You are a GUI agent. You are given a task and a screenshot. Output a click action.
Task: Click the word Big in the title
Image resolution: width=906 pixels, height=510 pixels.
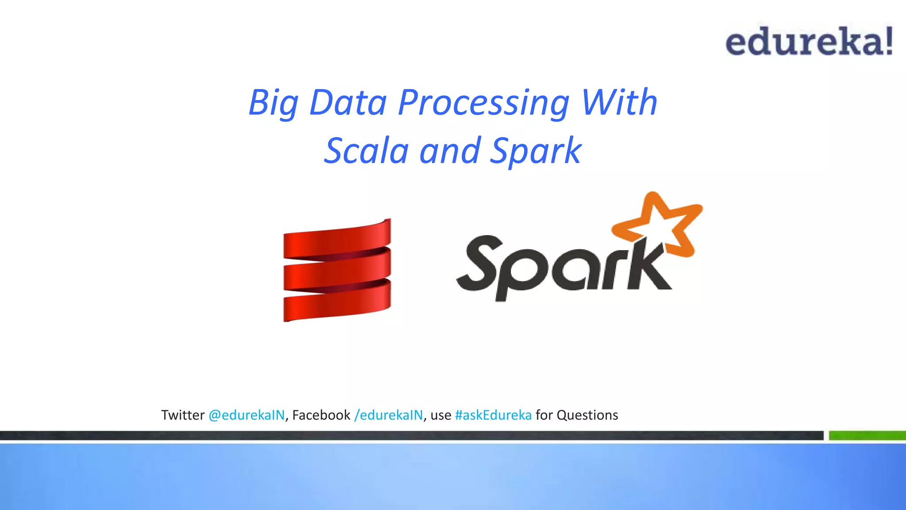tap(273, 103)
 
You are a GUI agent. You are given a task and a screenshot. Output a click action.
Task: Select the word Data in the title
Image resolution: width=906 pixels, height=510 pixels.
tap(348, 103)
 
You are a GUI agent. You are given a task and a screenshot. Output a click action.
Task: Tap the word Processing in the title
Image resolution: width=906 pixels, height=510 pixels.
tap(484, 103)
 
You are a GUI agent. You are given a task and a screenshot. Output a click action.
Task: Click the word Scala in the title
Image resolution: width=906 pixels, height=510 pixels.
tap(366, 151)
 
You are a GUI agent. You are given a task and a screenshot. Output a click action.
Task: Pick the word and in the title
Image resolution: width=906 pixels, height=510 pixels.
tap(450, 151)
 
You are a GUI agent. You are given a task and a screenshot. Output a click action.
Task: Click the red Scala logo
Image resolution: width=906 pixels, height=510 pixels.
tap(337, 270)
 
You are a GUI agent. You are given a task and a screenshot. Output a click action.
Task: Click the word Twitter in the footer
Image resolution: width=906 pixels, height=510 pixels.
tap(183, 415)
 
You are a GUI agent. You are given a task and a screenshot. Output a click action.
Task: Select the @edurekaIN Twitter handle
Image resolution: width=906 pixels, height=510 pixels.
tap(246, 415)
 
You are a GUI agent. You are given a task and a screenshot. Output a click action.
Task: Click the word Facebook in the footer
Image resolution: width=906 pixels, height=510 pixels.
tap(321, 415)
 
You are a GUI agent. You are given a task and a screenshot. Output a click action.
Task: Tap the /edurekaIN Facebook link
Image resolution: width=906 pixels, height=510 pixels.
tap(388, 415)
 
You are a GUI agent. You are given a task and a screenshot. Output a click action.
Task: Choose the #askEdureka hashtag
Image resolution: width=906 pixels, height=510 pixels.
tap(493, 415)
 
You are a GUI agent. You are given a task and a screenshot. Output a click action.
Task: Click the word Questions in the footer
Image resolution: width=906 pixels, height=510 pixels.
tap(587, 415)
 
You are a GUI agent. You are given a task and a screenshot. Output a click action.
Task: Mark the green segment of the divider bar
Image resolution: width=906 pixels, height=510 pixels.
tap(867, 436)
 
